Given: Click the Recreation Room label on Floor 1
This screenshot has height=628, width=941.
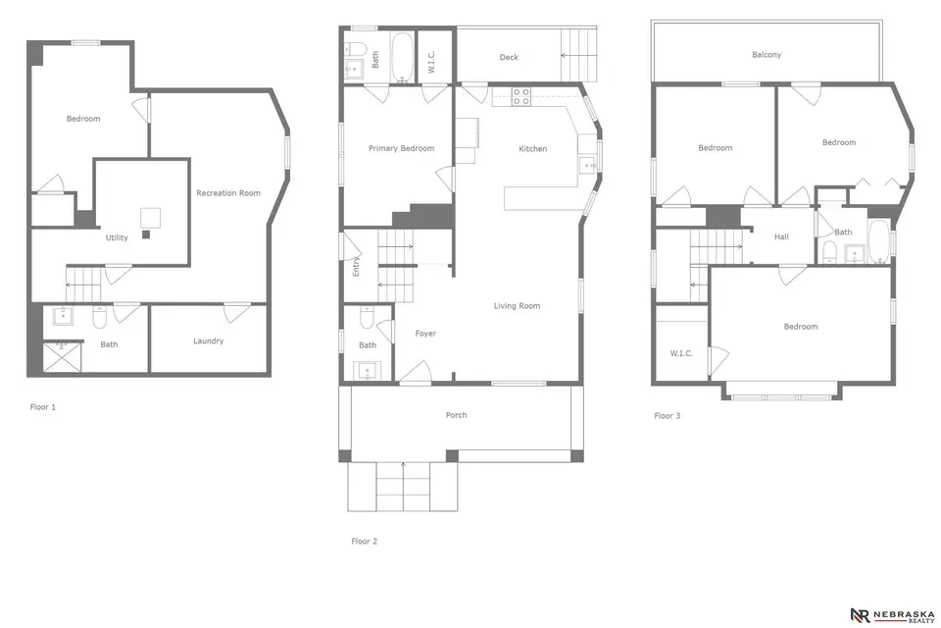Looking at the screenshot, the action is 228,193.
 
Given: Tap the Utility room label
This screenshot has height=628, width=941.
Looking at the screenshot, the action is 117,237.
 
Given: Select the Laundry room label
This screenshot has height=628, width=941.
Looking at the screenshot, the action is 208,340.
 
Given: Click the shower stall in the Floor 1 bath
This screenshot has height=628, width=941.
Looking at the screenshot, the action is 62,357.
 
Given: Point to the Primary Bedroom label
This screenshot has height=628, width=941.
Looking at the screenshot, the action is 401,148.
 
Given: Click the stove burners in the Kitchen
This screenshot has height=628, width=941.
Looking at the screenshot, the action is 520,97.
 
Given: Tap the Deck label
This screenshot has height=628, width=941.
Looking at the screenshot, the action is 509,57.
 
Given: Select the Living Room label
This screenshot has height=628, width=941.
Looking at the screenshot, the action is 517,306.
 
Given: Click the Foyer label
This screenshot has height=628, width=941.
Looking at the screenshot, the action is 425,334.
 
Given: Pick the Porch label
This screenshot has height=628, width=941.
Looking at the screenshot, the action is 456,415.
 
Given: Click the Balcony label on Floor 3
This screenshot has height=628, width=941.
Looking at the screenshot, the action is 767,55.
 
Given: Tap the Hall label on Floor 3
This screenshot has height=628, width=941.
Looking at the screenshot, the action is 781,236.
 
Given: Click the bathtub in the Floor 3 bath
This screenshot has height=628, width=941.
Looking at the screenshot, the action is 878,241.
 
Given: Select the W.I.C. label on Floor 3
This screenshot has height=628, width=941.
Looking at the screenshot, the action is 681,353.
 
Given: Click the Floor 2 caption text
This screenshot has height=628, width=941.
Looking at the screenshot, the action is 365,541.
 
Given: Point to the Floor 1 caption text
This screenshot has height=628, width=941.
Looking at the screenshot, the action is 42,407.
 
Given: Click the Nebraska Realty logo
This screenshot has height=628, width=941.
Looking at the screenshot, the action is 892,615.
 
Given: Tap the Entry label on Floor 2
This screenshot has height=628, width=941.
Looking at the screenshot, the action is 356,266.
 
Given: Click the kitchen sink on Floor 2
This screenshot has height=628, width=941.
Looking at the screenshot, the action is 587,165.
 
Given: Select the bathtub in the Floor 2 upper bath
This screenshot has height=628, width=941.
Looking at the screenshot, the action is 402,57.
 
